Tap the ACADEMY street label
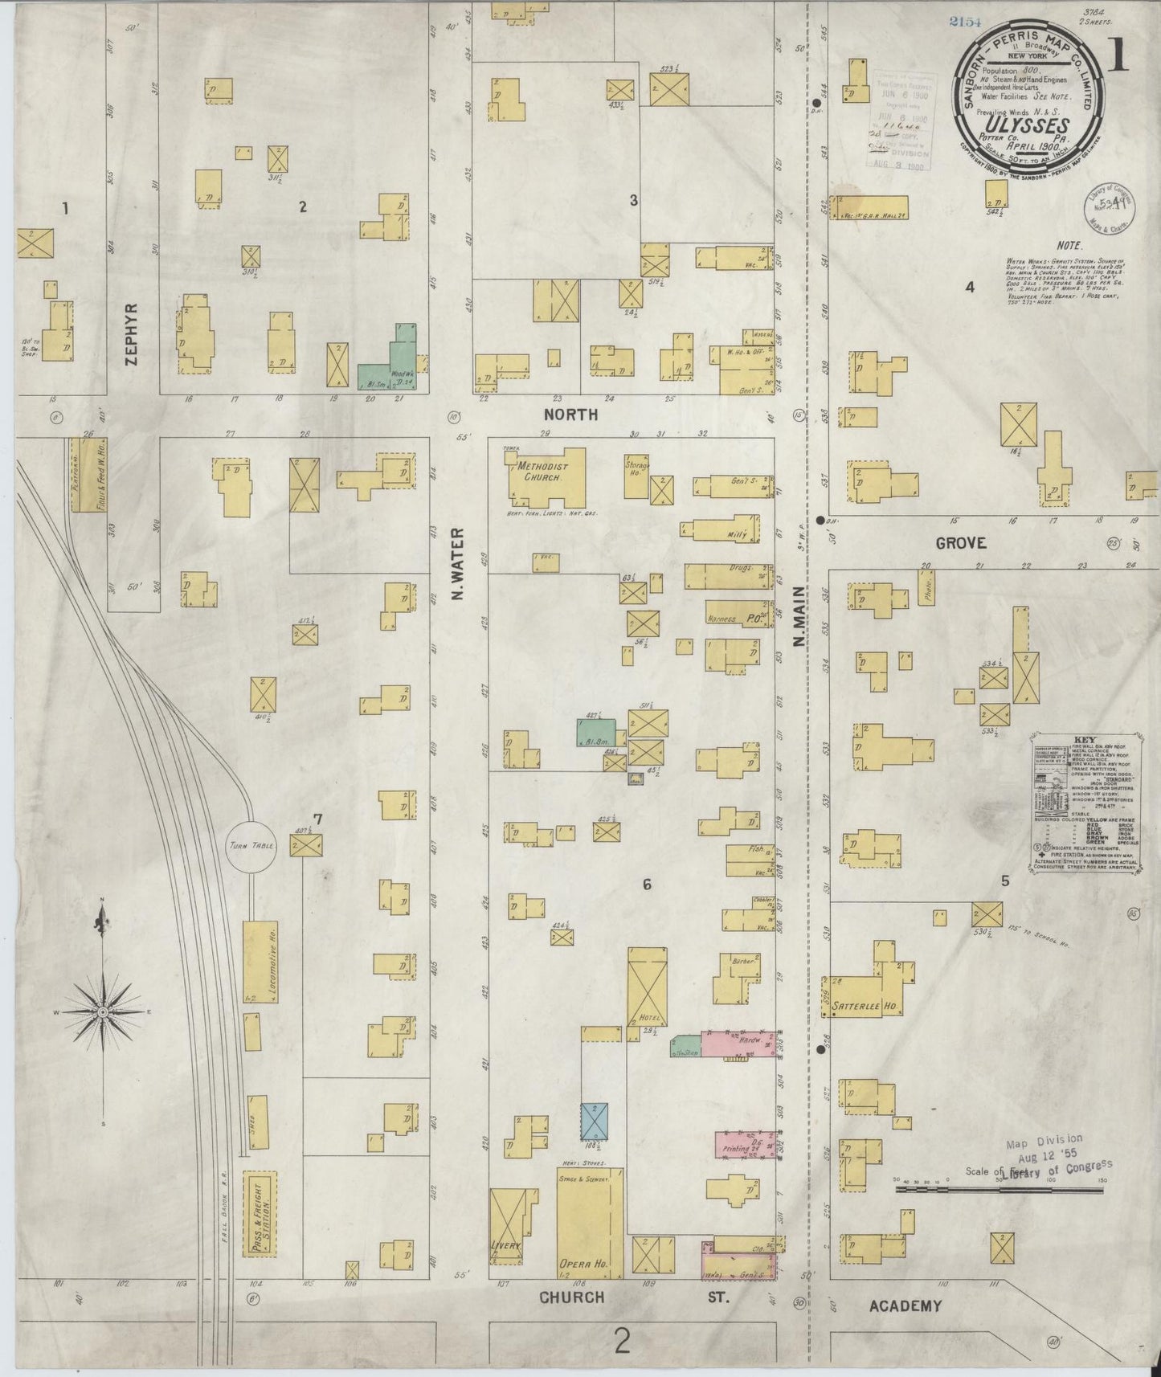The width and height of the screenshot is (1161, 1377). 905,1306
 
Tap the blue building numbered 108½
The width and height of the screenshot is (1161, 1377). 594,1121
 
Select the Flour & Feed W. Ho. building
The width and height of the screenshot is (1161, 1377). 84,476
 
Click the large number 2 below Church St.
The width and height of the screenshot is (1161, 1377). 622,1340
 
